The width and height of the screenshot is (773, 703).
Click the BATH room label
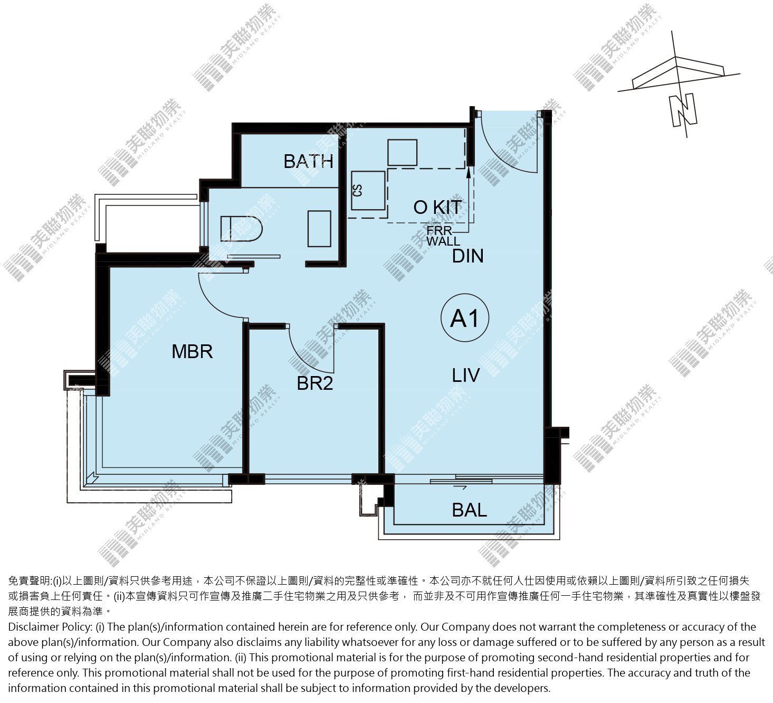coord(308,161)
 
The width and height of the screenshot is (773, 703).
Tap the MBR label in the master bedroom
coord(192,352)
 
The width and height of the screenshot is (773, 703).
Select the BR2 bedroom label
coord(315,383)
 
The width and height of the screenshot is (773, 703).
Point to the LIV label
coord(465,375)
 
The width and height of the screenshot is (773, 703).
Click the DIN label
coord(467,256)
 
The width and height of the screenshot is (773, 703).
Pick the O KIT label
coord(437,207)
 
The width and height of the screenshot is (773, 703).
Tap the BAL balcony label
coord(469,510)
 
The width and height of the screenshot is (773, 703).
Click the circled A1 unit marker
coord(465,318)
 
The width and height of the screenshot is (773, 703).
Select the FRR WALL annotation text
coord(443,236)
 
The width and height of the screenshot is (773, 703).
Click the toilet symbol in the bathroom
coord(241,228)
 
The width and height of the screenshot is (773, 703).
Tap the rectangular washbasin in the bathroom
coord(319,229)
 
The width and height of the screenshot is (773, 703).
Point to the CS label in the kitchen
coord(357,191)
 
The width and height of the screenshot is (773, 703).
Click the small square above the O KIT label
coord(402,153)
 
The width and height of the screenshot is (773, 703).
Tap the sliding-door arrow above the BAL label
coord(460,488)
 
